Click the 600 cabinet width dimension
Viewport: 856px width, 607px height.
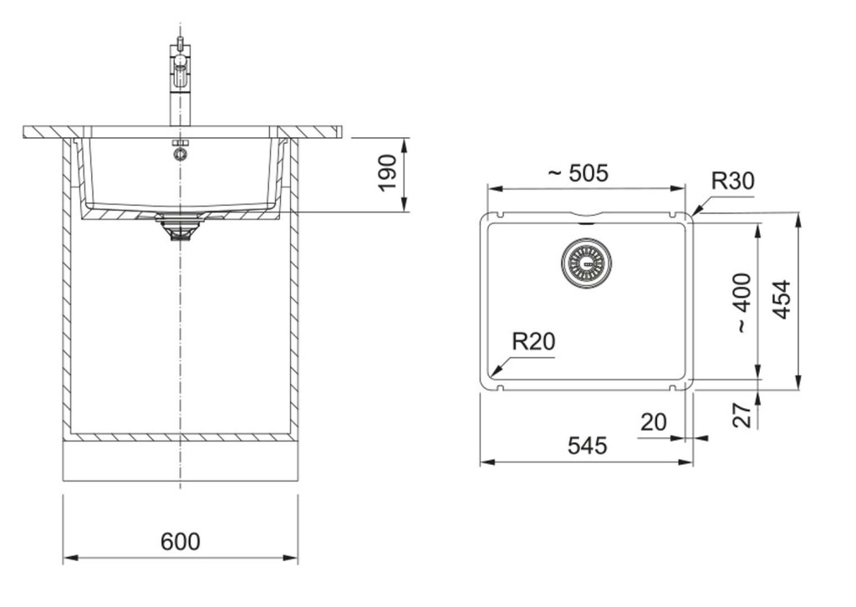click(x=181, y=542)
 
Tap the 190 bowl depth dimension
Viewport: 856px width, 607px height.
click(x=387, y=173)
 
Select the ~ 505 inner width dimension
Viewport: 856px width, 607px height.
click(x=578, y=174)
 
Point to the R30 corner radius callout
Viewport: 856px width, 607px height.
click(x=733, y=181)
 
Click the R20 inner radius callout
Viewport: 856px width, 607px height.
click(x=533, y=342)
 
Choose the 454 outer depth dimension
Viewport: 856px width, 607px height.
click(x=782, y=299)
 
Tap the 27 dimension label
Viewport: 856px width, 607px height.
click(x=742, y=416)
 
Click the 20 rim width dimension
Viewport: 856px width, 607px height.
click(x=654, y=422)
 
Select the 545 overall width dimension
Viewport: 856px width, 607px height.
click(x=588, y=446)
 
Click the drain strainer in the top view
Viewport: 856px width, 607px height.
click(x=586, y=263)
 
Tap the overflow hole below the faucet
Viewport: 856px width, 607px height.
click(x=181, y=155)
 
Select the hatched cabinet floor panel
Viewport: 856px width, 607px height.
click(x=181, y=436)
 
